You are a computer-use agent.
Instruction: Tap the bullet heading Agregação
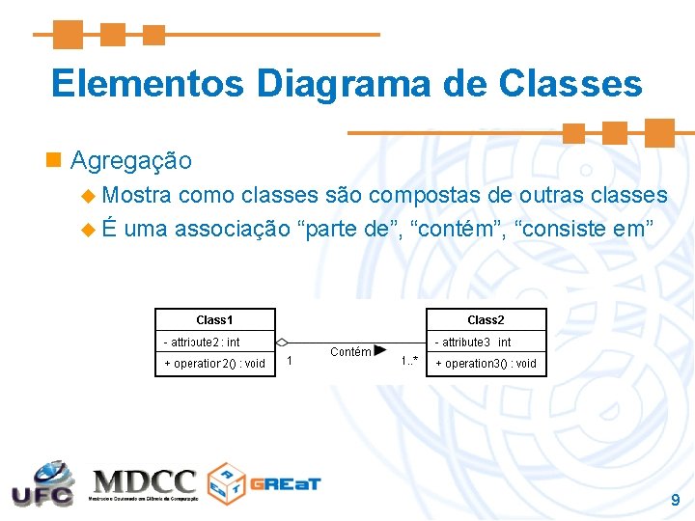[x=131, y=160]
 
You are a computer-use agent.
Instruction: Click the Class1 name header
[x=214, y=320]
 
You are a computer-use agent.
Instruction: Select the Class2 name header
[x=486, y=320]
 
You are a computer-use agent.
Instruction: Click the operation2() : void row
[x=213, y=364]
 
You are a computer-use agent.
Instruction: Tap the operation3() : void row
[x=485, y=364]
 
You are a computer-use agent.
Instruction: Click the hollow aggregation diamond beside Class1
[x=282, y=343]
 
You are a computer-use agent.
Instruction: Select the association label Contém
[x=349, y=352]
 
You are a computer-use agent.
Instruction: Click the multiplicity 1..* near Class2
[x=409, y=362]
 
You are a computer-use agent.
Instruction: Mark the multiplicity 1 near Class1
[x=291, y=362]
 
